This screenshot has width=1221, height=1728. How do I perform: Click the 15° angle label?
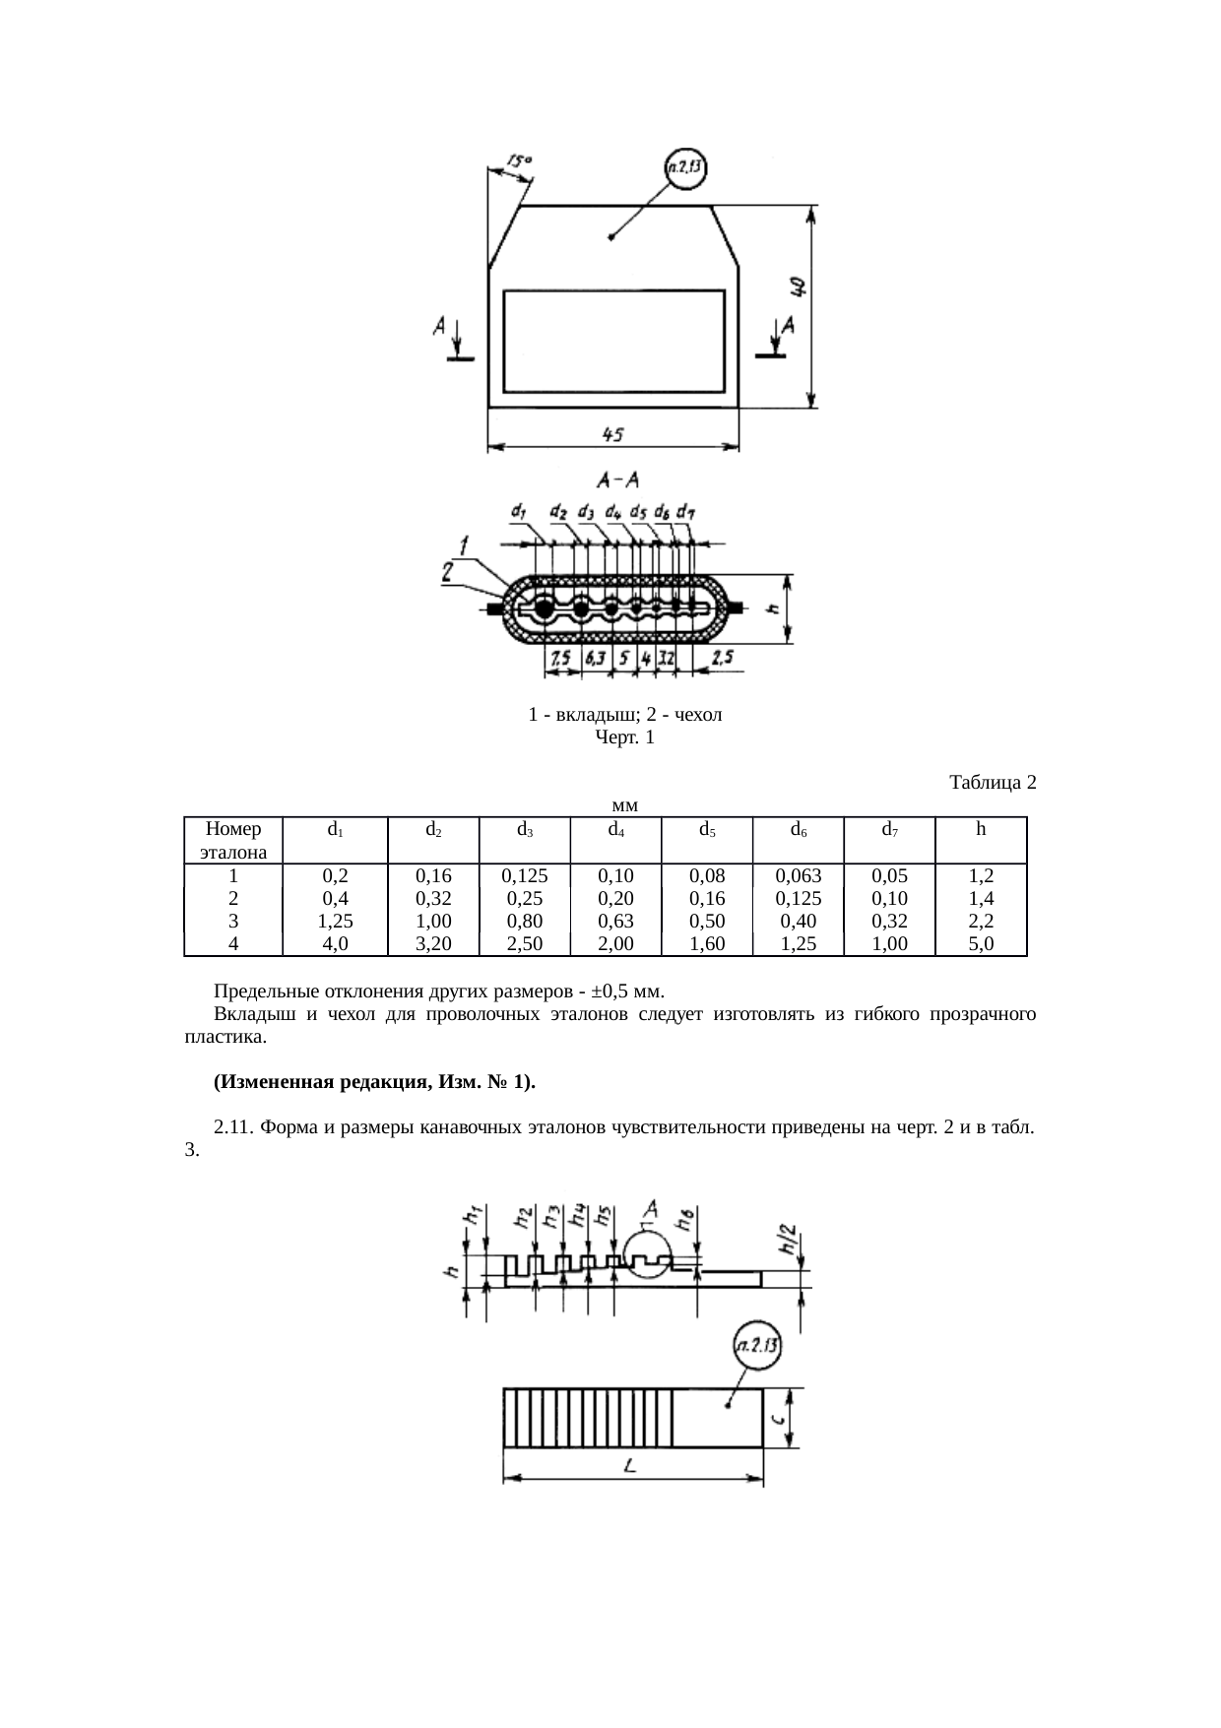520,160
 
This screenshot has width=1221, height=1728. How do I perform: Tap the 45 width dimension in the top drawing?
612,433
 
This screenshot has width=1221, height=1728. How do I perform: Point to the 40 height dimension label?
799,288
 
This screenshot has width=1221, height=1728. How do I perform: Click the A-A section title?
618,480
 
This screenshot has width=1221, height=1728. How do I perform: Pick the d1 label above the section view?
518,511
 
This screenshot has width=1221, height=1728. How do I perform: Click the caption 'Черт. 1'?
625,736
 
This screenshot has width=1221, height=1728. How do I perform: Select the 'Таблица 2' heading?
993,783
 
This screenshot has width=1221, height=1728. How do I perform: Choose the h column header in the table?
981,829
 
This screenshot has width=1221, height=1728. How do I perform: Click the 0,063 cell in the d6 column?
798,874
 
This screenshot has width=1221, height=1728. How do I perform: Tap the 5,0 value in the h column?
981,943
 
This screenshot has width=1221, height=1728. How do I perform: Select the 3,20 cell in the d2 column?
432,943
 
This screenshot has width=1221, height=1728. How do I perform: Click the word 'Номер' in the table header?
233,829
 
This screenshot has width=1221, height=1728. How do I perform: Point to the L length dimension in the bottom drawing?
630,1466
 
